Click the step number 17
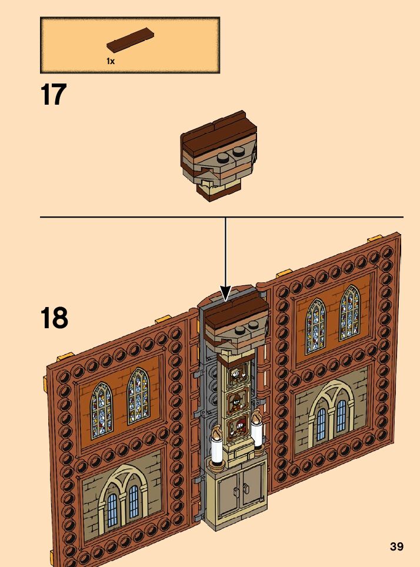click(54, 95)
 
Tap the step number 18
click(54, 318)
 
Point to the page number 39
click(396, 546)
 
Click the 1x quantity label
click(111, 61)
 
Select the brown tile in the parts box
click(131, 42)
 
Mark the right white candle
click(258, 435)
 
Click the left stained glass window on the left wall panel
click(101, 405)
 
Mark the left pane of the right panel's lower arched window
click(321, 423)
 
